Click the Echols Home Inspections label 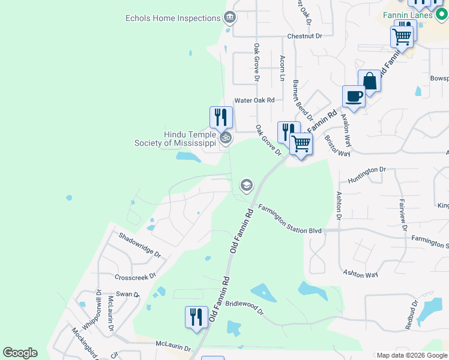coord(173,18)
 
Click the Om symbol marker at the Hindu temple coord(226,139)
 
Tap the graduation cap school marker coord(246,185)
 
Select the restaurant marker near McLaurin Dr coord(196,317)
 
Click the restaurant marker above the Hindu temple coord(221,117)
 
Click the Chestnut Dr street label coord(304,36)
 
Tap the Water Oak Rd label coord(254,100)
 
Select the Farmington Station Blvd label coord(291,220)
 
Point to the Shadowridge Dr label coord(140,245)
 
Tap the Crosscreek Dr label coord(135,277)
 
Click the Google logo coord(20,353)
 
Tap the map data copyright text coord(412,355)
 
